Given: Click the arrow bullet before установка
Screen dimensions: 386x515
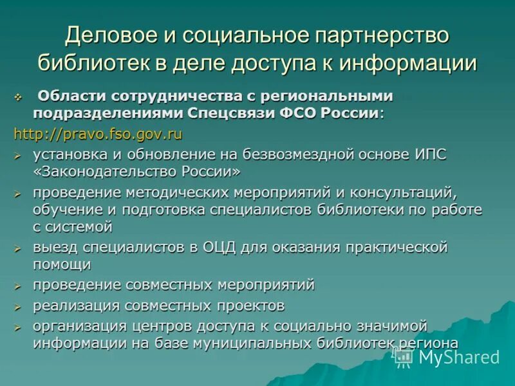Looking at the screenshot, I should pos(18,156).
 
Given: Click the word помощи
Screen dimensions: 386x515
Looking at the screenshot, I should pos(62,264).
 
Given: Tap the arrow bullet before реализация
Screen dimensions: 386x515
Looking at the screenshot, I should pos(18,306).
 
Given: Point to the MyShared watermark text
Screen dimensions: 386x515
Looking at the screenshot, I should pos(459,357).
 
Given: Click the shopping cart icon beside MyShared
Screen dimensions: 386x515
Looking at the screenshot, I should pos(404,357).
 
